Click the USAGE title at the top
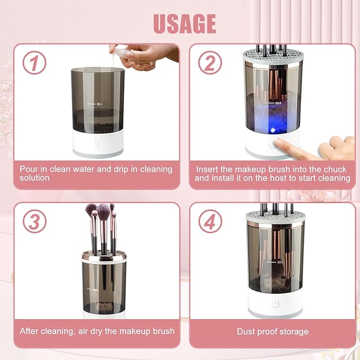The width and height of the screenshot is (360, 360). [185, 23]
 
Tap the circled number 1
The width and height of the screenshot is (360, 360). [34, 64]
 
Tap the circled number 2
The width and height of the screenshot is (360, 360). [209, 64]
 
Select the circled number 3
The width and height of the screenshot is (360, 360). [34, 222]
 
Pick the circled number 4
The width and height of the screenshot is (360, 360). [209, 222]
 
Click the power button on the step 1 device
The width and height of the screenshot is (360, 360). [97, 144]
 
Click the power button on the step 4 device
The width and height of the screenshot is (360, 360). [275, 304]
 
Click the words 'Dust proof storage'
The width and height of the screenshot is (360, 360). [273, 331]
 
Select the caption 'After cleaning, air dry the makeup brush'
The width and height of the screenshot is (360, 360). [97, 331]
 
